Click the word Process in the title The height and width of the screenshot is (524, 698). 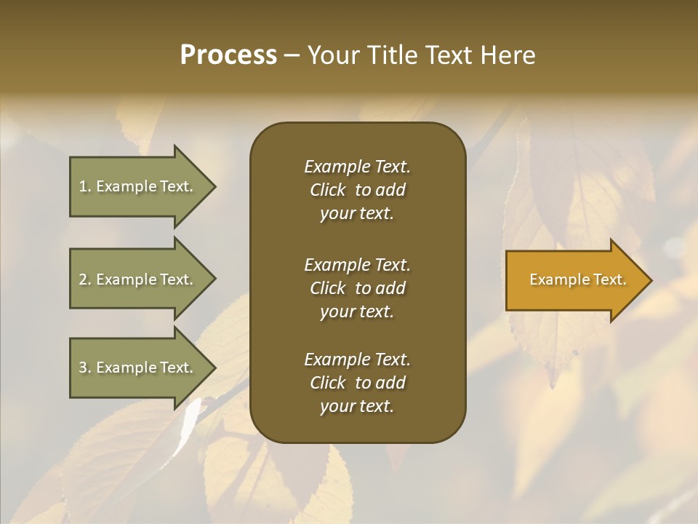[x=228, y=55]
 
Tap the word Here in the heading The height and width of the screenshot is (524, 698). [x=508, y=55]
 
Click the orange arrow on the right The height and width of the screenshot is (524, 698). [x=574, y=280]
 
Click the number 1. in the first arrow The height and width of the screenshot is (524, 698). [x=85, y=186]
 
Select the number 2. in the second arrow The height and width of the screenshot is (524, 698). [x=85, y=279]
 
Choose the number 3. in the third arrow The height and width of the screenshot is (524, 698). [x=85, y=368]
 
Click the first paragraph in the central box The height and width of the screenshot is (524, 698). [x=357, y=190]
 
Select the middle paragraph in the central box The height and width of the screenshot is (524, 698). [x=357, y=288]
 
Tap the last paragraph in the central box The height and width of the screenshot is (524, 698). [x=357, y=383]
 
